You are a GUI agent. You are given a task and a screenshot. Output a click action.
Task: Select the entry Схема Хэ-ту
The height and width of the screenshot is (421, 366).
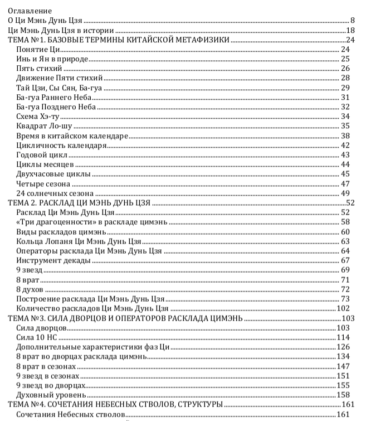[38, 117]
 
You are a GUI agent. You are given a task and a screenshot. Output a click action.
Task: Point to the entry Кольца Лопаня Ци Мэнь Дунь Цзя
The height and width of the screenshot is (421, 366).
[79, 241]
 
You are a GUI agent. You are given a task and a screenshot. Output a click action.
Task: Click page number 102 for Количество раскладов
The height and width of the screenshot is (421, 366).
[343, 308]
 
